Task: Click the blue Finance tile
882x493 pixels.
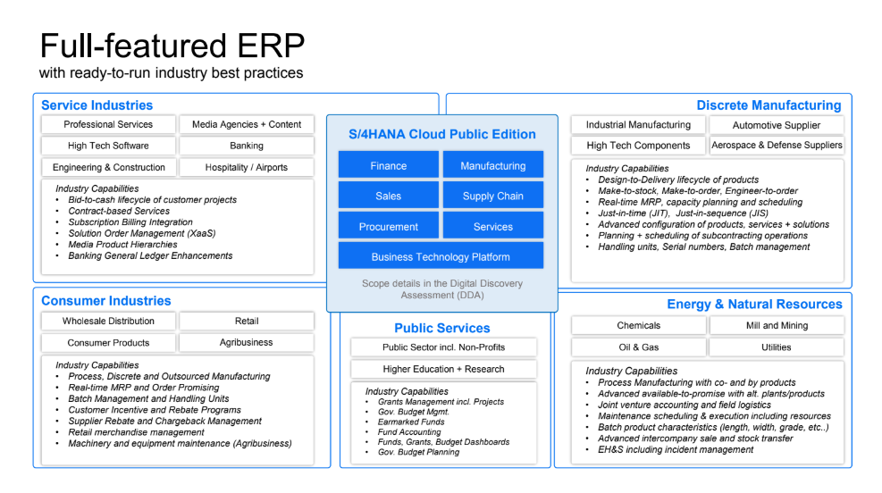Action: tap(388, 165)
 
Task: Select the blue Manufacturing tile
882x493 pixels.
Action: tap(492, 165)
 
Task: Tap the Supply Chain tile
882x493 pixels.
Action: tap(492, 196)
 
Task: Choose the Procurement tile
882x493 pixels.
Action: tap(388, 227)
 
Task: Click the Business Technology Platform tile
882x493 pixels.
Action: tap(441, 256)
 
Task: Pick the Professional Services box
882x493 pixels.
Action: tap(108, 124)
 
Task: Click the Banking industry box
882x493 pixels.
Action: tap(247, 146)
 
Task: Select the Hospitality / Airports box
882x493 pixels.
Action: tap(247, 167)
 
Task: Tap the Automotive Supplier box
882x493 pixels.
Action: tap(776, 125)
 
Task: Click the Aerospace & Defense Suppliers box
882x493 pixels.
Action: tap(776, 145)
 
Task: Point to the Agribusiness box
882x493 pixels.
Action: tap(247, 342)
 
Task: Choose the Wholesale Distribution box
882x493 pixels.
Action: tap(108, 321)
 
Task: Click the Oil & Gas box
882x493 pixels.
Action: tap(638, 347)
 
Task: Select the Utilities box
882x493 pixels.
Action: tap(776, 347)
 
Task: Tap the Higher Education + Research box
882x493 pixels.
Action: tap(443, 369)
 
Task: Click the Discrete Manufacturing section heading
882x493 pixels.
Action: tap(769, 105)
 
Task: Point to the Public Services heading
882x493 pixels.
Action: tap(442, 328)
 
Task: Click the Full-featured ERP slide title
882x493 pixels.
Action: tap(172, 45)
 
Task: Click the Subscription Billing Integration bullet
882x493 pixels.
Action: tap(130, 222)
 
